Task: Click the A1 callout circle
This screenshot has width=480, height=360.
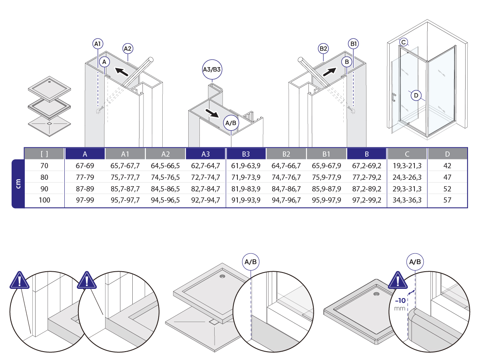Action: pos(98,44)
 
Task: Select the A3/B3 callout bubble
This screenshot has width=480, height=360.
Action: pos(212,69)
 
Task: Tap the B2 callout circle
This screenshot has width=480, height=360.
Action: pos(323,49)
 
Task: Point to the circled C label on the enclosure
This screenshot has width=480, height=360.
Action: pos(404,42)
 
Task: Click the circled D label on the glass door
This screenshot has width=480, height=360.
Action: pos(416,95)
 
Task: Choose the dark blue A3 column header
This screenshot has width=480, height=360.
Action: pos(205,154)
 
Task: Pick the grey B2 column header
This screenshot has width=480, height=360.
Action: pos(286,154)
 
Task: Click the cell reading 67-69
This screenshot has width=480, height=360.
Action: pos(85,165)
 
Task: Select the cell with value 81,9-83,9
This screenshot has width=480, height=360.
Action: pos(246,189)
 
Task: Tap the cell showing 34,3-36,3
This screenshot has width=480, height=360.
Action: pos(407,200)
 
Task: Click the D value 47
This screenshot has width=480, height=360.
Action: pos(447,177)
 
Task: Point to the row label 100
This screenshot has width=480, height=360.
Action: pos(44,200)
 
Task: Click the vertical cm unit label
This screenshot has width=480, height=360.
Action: pos(18,183)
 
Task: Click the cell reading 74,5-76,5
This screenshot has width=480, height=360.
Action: pos(165,177)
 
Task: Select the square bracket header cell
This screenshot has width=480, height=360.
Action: pos(44,154)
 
